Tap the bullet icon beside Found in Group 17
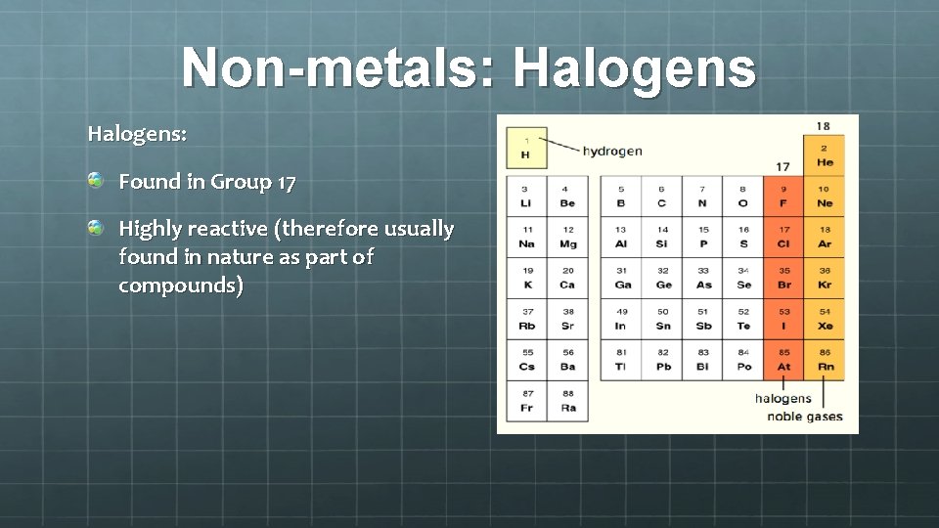[x=95, y=180]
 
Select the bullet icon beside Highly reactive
[x=95, y=228]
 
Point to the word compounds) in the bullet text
[x=181, y=286]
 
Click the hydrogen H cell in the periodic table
[x=526, y=147]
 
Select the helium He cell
[x=824, y=155]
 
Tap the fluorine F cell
[x=783, y=197]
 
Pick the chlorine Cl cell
[x=783, y=238]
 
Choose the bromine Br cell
[x=783, y=278]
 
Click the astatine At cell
[x=783, y=360]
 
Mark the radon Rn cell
[x=824, y=360]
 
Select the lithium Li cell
[x=526, y=197]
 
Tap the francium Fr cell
[x=526, y=401]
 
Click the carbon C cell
[x=661, y=197]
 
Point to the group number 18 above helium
[x=824, y=126]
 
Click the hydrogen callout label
[x=612, y=151]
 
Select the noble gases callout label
[x=805, y=417]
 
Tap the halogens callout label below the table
[x=782, y=398]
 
